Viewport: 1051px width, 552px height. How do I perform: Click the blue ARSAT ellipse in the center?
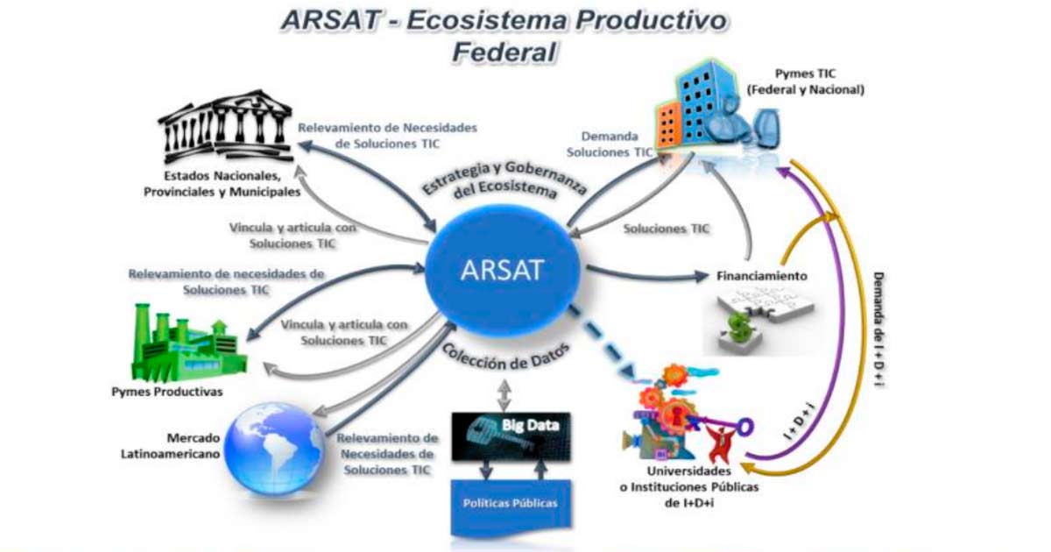pyautogui.click(x=503, y=270)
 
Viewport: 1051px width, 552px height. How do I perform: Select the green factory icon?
pyautogui.click(x=188, y=343)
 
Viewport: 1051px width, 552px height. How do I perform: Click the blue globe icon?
pyautogui.click(x=274, y=449)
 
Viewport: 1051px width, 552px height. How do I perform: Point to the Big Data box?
pyautogui.click(x=511, y=436)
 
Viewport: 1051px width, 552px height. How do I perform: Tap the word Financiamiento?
pyautogui.click(x=761, y=276)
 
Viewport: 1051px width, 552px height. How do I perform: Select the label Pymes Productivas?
pyautogui.click(x=167, y=392)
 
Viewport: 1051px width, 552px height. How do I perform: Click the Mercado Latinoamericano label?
pyautogui.click(x=171, y=446)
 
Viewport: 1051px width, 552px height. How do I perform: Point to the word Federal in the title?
pyautogui.click(x=504, y=52)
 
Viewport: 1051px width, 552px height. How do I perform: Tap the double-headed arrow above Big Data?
pyautogui.click(x=504, y=395)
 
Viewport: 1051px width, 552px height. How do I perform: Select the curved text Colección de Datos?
pyautogui.click(x=506, y=357)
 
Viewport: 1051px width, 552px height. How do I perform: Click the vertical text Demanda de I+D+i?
pyautogui.click(x=878, y=330)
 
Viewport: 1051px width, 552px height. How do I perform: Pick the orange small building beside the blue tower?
pyautogui.click(x=669, y=124)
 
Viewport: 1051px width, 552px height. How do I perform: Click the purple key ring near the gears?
pyautogui.click(x=744, y=427)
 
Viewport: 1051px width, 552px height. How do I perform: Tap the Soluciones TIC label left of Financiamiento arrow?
pyautogui.click(x=667, y=229)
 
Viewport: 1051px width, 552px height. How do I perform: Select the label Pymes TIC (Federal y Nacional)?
pyautogui.click(x=806, y=81)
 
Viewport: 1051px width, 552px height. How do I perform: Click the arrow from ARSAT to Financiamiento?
pyautogui.click(x=647, y=274)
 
